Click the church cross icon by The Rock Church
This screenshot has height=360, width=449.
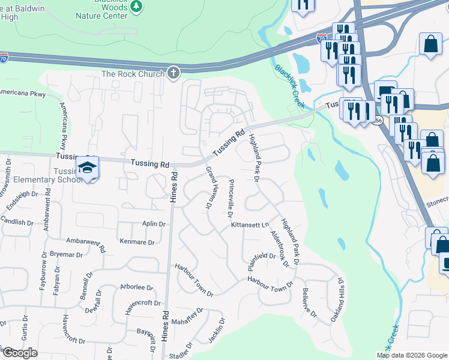[x=173, y=73]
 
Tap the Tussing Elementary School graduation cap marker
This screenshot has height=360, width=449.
[x=88, y=167]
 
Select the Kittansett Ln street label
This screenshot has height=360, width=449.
[x=249, y=225]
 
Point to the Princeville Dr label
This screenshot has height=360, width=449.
[x=231, y=199]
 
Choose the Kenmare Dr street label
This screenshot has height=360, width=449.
[x=137, y=242]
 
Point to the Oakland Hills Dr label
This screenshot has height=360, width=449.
[x=340, y=298]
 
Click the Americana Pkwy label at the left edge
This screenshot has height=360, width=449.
[x=22, y=93]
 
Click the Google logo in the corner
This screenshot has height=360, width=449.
[x=19, y=353]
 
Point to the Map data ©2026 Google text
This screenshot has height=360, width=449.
[x=411, y=355]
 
